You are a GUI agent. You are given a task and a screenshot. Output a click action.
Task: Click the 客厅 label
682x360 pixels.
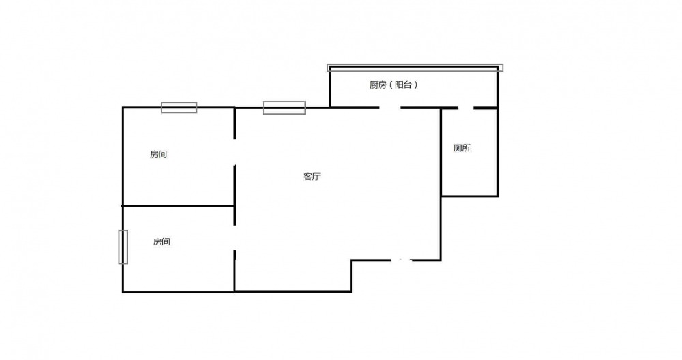click(312, 177)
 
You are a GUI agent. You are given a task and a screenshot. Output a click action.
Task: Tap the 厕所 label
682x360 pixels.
click(462, 148)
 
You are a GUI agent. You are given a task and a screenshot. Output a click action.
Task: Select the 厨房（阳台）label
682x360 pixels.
click(394, 85)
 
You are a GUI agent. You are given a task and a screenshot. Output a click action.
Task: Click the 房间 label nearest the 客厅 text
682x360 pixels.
click(158, 154)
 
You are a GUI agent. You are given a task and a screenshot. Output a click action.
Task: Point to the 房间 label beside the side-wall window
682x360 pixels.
click(162, 242)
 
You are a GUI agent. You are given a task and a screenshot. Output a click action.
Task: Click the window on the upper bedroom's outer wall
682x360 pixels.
click(179, 108)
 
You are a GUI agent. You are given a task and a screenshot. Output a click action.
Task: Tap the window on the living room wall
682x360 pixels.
click(284, 108)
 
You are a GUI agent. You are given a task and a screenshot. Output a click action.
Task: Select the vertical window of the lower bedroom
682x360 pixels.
click(123, 247)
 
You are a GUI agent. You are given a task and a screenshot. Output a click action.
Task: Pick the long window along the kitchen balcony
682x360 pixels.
click(415, 67)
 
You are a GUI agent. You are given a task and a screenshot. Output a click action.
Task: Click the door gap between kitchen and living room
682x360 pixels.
click(389, 108)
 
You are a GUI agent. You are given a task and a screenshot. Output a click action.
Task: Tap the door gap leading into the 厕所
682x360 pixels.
click(466, 108)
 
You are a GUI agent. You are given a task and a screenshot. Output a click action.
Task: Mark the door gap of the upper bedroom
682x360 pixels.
click(235, 152)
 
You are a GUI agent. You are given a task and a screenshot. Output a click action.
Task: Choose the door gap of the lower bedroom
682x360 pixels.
click(235, 238)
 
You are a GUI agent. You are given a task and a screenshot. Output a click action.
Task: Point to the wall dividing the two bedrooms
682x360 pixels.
click(178, 206)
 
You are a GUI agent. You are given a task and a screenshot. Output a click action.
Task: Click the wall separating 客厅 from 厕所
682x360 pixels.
click(441, 184)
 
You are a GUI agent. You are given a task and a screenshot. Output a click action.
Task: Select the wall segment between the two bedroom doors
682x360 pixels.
click(235, 195)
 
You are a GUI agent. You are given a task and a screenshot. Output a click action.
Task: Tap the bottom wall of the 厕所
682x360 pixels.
click(470, 196)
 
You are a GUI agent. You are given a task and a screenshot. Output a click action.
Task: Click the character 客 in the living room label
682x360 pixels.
click(308, 177)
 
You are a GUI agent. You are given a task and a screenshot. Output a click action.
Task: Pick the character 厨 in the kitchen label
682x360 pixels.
click(374, 85)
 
